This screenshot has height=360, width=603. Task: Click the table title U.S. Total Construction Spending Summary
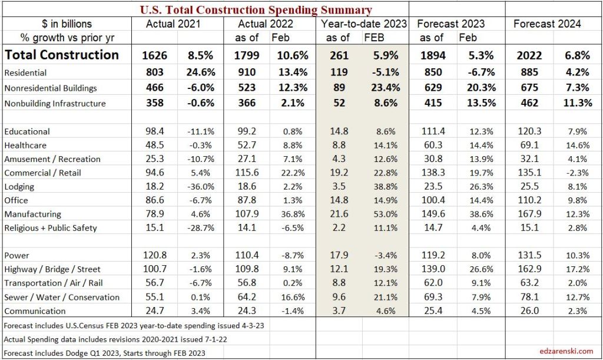256,9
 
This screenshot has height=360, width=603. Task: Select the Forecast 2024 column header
547,24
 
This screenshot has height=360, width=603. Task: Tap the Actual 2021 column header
173,24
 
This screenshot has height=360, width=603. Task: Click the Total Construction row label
61,55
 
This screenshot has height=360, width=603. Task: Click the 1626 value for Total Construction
155,56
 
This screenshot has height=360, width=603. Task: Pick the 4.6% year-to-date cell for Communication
384,311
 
